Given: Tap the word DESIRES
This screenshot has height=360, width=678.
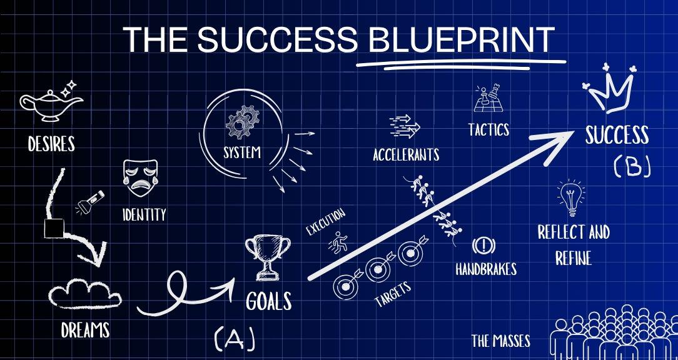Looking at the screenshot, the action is [x=51, y=144].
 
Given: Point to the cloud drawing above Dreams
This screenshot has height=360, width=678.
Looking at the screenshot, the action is [x=85, y=294].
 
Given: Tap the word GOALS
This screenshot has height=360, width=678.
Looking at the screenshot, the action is [x=268, y=301].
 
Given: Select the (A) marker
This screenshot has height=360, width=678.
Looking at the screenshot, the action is [x=235, y=337].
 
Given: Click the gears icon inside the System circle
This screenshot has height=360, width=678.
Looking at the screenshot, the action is [x=243, y=122].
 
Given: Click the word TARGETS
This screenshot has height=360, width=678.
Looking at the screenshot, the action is [x=393, y=294].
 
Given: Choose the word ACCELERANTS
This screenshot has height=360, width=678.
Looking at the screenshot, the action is [x=406, y=154].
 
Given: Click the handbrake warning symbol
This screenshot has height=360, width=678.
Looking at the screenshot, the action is [x=481, y=246].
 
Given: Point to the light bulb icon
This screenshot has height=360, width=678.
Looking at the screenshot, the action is [x=572, y=197].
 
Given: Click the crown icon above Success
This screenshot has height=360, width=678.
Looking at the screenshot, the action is [x=610, y=89].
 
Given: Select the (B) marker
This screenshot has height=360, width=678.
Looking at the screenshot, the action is [x=632, y=167].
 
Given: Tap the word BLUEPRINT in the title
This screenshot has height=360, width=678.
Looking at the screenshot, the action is [x=462, y=40].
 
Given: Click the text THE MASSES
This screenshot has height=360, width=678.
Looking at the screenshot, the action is [x=501, y=341].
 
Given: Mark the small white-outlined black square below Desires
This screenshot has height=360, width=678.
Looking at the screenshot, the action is [x=54, y=229].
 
